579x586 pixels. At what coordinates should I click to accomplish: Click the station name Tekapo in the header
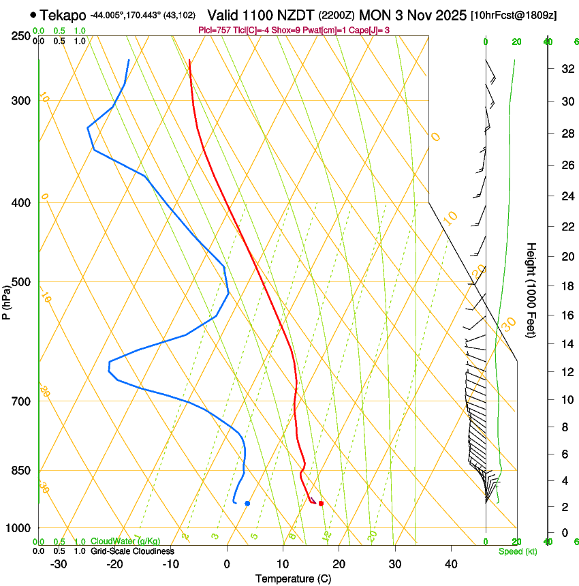pos(63,15)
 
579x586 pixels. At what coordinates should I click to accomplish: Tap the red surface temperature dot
pos(321,504)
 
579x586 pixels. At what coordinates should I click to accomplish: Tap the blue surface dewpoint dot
pos(247,504)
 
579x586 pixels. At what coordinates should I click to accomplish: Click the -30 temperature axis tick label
pos(59,564)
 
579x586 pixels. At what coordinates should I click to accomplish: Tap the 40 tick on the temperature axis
pos(451,564)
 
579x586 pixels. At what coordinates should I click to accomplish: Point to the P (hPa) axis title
pos(7,300)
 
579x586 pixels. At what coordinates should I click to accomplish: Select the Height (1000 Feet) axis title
pos(532,290)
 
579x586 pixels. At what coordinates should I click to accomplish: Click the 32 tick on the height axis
pos(566,69)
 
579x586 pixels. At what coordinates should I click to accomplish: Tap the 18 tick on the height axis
pos(566,286)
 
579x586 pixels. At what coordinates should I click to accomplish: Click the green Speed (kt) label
pos(518,551)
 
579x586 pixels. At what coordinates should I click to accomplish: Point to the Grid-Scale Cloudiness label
pos(132,551)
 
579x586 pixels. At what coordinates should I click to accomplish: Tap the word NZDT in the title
pos(296,15)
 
